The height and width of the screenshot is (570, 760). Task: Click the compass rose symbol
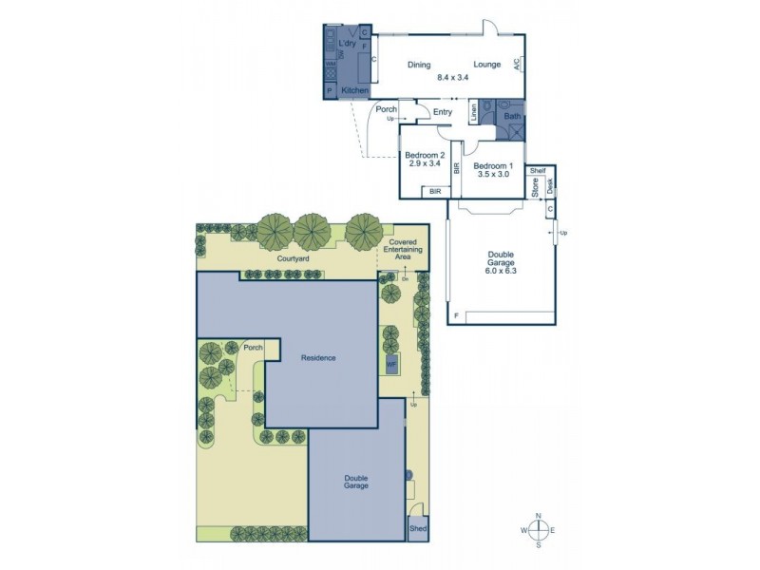539,529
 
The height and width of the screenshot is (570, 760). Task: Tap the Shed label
417,528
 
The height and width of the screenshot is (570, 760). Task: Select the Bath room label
512,117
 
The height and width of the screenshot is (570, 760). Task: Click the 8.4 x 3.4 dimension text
453,77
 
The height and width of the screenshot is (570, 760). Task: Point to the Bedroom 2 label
425,155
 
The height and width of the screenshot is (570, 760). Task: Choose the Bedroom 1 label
493,164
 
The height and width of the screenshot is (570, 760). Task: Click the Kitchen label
354,90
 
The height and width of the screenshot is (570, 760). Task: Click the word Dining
419,65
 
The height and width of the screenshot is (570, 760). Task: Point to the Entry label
443,113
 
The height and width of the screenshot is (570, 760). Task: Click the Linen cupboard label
474,114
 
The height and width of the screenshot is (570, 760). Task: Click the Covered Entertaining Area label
404,250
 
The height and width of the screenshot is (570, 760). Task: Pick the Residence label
318,357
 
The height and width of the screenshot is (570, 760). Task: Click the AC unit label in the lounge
518,64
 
